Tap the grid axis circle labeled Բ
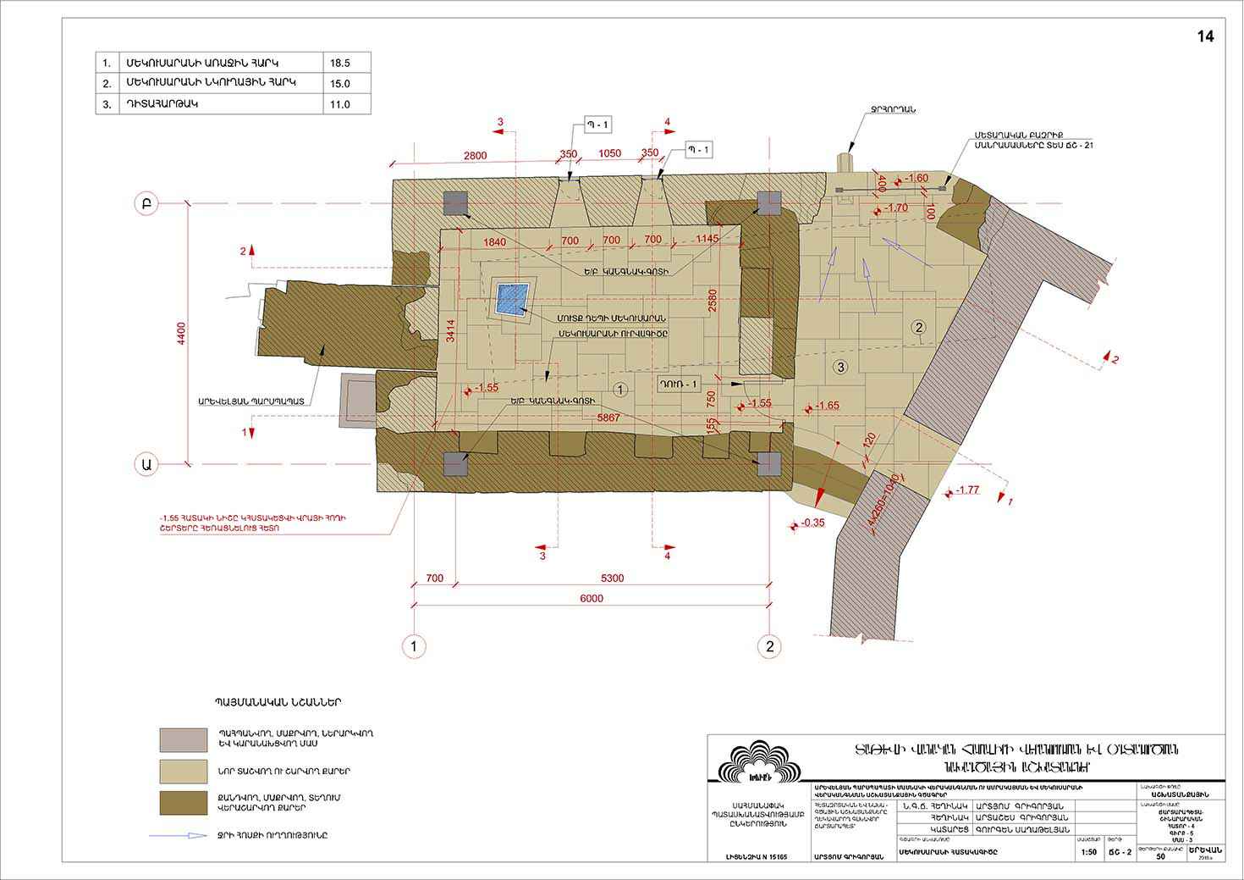click(146, 203)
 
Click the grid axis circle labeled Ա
click(146, 463)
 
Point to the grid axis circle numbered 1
click(413, 646)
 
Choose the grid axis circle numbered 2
click(769, 646)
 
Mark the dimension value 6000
click(592, 599)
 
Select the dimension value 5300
click(612, 578)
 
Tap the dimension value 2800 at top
click(475, 154)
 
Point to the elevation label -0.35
click(812, 523)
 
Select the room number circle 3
click(839, 367)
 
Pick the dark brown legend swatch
click(183, 803)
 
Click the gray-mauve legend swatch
click(183, 739)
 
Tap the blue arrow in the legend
click(179, 835)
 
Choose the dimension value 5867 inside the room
click(608, 418)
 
